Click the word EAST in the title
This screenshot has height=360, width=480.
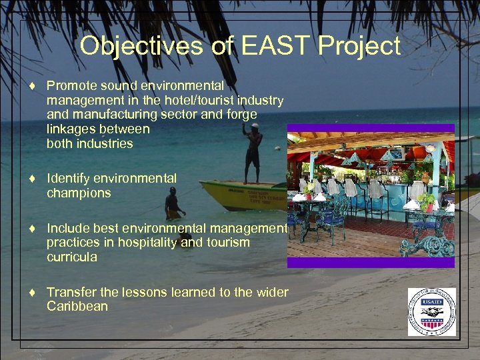[277, 46]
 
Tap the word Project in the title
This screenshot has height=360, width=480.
[359, 46]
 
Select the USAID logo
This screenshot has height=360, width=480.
[431, 311]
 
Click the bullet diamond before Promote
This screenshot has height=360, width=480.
[31, 85]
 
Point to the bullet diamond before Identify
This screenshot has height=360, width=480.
[31, 179]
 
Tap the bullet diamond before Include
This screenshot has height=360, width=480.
[31, 229]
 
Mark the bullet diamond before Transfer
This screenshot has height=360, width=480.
[31, 293]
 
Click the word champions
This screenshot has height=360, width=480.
[79, 193]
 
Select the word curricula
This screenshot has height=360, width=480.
[71, 257]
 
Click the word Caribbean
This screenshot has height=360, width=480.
[77, 307]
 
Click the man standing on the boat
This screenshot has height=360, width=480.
[252, 153]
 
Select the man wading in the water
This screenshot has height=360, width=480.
[173, 204]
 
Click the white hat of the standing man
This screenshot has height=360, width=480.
[255, 126]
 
